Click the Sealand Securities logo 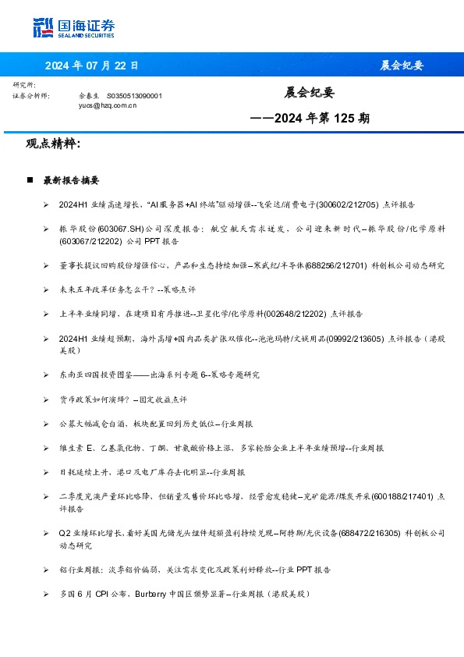[x=74, y=27]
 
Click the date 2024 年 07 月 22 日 [x=91, y=66]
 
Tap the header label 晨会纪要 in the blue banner [x=402, y=66]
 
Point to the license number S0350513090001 [x=134, y=95]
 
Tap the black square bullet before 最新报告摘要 [x=30, y=180]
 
